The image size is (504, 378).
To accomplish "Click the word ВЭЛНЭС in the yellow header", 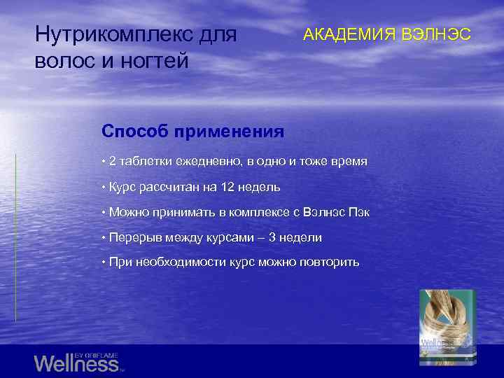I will click(x=435, y=34).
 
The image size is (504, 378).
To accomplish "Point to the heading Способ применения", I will click(x=192, y=131).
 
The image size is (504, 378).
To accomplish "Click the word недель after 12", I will click(x=260, y=187).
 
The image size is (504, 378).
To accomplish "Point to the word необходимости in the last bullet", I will click(x=171, y=262).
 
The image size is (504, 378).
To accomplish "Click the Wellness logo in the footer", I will click(x=77, y=363).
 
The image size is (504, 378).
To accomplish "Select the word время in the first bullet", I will click(x=349, y=162).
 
